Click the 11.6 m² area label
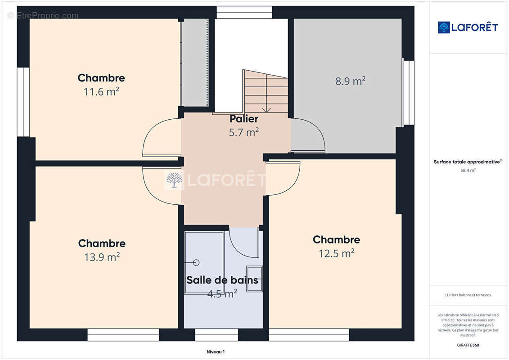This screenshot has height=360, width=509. (x=101, y=92)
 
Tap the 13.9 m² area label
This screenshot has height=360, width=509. (x=102, y=257)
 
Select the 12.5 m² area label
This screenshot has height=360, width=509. (x=337, y=253)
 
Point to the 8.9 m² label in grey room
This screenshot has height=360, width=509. (x=350, y=81)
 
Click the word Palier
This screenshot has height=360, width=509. (x=244, y=119)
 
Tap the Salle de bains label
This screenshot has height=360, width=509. (x=222, y=280)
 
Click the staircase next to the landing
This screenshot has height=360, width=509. (x=266, y=92)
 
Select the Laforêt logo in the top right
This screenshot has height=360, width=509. (x=468, y=27)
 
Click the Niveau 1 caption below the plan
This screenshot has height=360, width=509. (x=216, y=352)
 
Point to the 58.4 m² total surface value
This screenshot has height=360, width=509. (x=468, y=171)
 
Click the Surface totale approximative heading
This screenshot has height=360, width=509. (x=468, y=162)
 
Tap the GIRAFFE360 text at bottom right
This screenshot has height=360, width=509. (x=468, y=345)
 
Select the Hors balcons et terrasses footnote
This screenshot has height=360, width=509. (x=468, y=295)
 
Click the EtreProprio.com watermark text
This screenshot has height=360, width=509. (x=43, y=15)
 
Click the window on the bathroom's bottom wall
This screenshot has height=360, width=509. (x=216, y=334)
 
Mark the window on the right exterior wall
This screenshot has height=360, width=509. (x=408, y=92)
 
